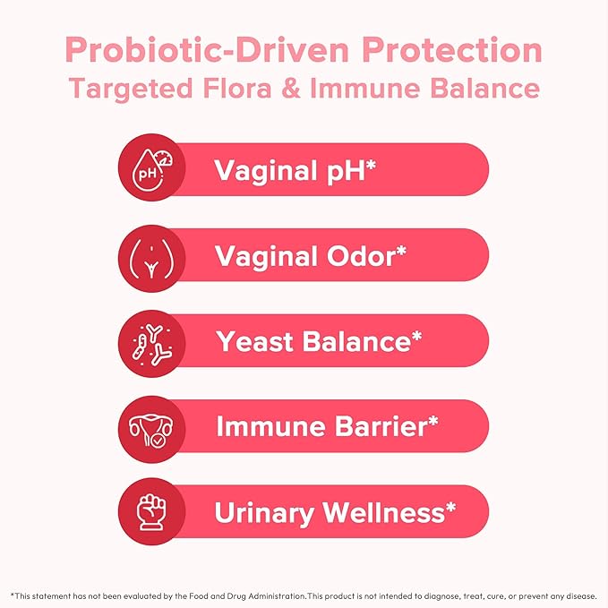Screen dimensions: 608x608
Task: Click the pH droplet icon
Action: [151, 168]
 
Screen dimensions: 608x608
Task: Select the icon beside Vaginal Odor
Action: [151, 256]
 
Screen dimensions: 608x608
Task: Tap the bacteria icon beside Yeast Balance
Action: [151, 342]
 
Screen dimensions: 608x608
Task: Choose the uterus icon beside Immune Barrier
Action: [151, 428]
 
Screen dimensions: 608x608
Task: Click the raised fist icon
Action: [151, 513]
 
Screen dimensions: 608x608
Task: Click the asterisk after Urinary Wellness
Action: [450, 508]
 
